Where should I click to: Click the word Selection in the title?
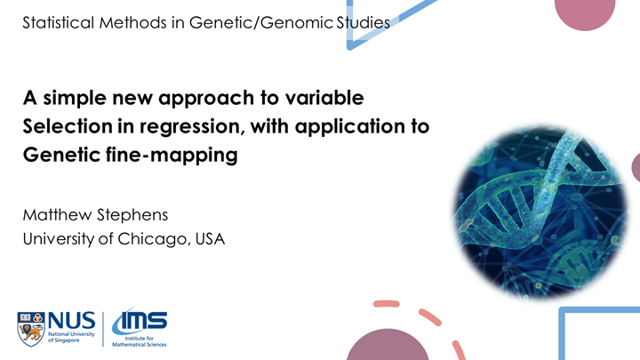click(x=64, y=127)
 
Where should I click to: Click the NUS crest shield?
click(x=31, y=327)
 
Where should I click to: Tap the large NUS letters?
click(x=71, y=320)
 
